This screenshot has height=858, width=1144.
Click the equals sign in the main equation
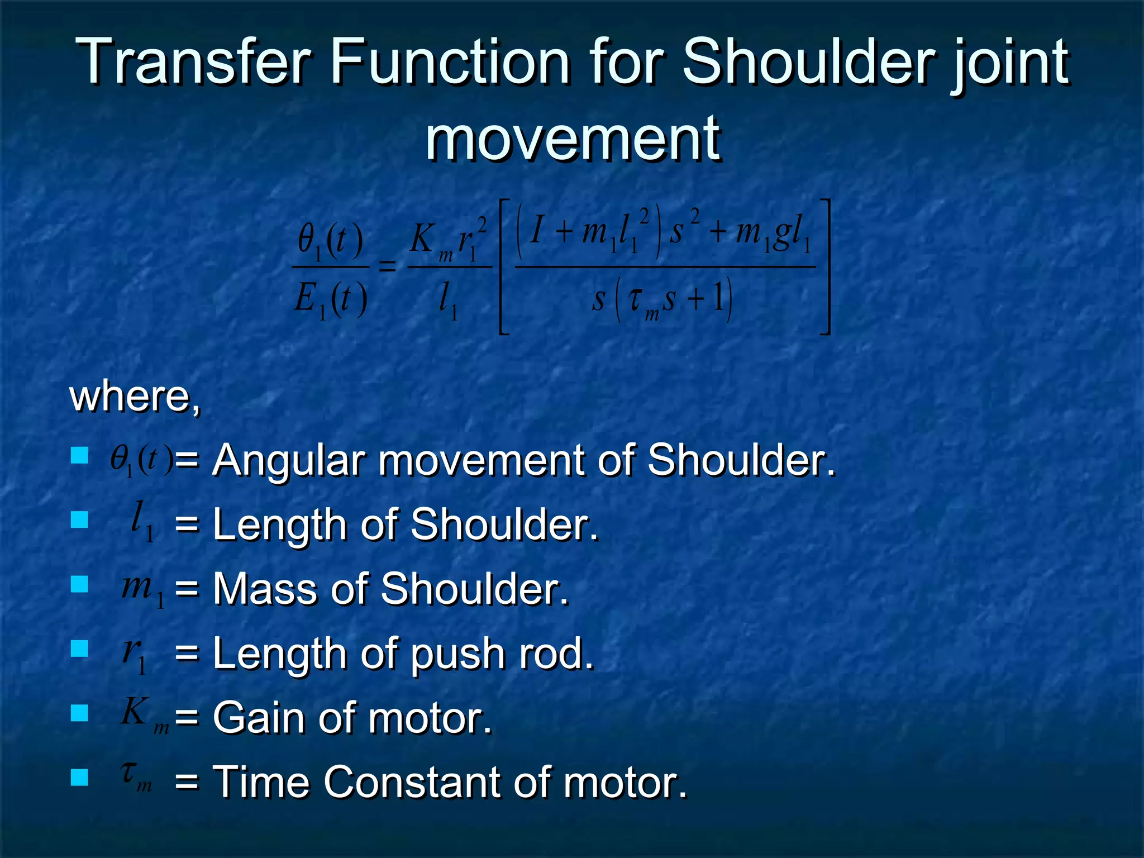tap(388, 266)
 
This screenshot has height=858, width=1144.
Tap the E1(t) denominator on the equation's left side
tap(331, 300)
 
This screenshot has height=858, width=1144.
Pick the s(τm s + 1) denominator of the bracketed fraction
tap(662, 301)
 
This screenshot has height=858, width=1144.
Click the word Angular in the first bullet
tap(289, 460)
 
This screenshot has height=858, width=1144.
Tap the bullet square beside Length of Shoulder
tap(80, 520)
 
